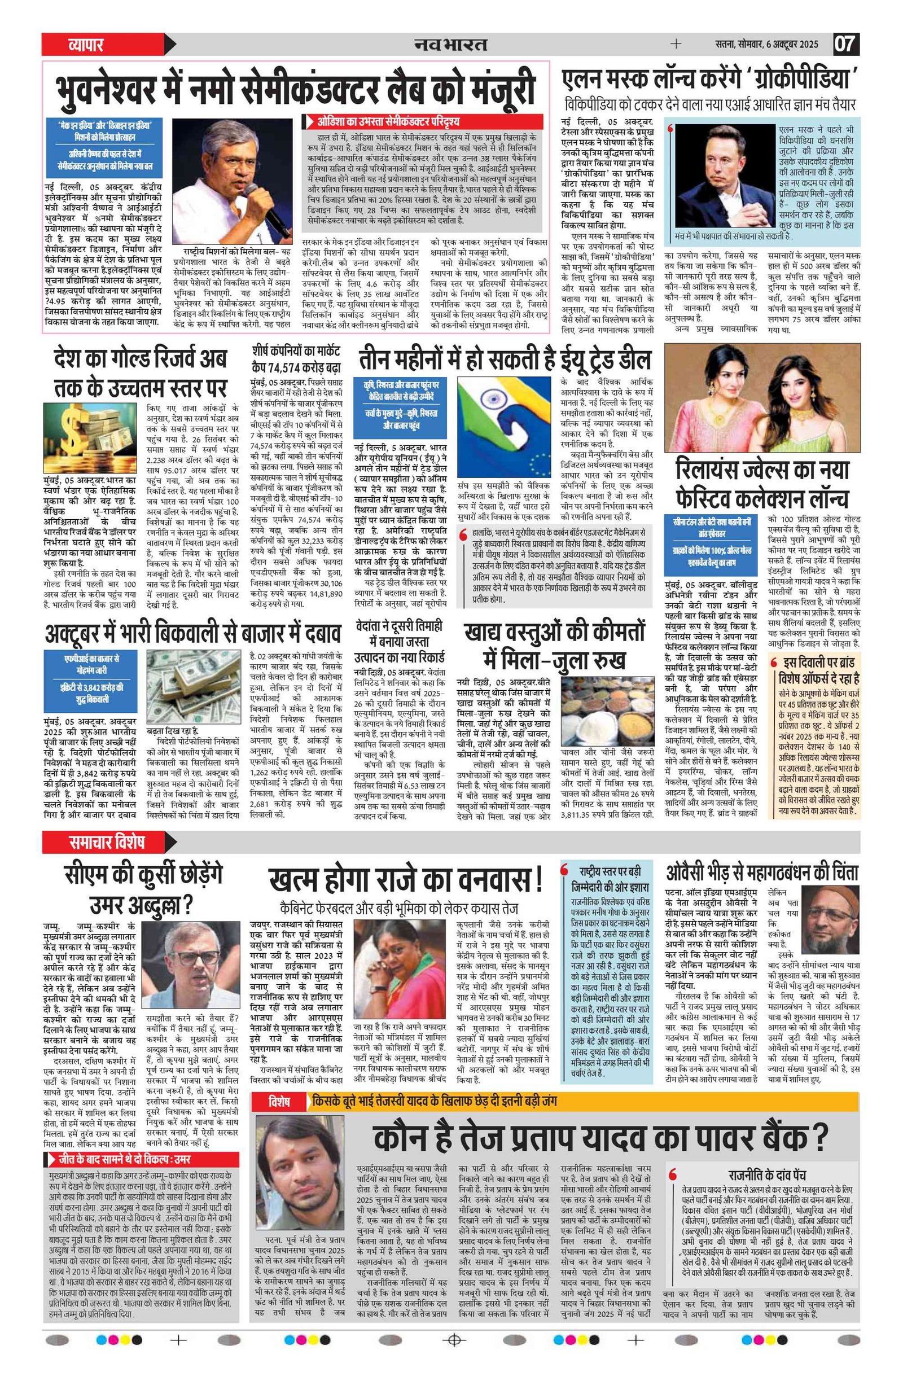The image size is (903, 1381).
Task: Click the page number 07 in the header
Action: [846, 44]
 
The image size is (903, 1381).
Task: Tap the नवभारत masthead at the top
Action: [451, 44]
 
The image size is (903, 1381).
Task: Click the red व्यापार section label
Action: [85, 44]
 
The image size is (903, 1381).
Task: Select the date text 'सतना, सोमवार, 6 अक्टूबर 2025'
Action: [766, 44]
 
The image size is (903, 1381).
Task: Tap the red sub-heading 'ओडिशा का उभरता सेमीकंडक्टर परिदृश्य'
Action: [388, 121]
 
